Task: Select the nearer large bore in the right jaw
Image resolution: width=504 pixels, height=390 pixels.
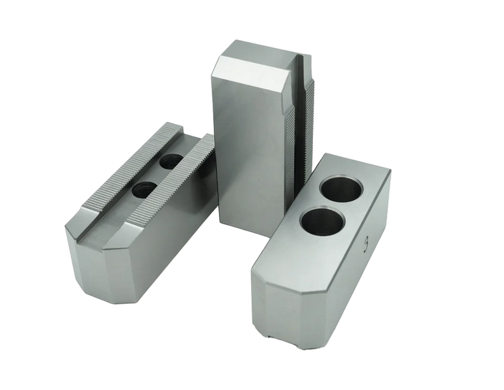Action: tap(321, 222)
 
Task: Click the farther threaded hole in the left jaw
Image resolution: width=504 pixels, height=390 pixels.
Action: tap(171, 161)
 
